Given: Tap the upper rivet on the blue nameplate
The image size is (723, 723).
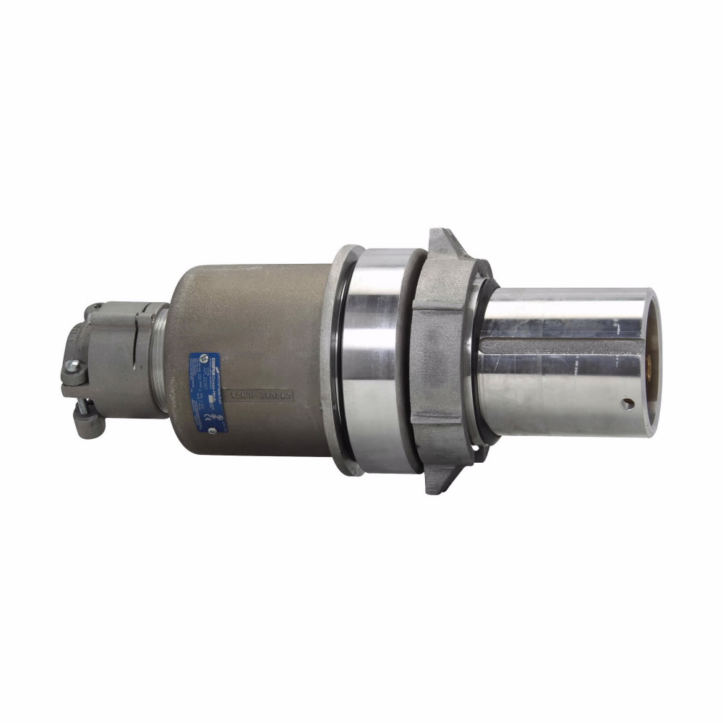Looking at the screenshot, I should click(x=203, y=357).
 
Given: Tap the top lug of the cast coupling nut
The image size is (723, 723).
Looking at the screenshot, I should click(x=441, y=241).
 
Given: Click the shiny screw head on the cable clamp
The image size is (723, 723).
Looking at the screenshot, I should click(x=72, y=367).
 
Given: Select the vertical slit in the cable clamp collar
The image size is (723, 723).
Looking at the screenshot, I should click(x=137, y=355).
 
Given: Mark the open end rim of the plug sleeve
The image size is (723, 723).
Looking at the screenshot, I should click(x=651, y=361).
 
